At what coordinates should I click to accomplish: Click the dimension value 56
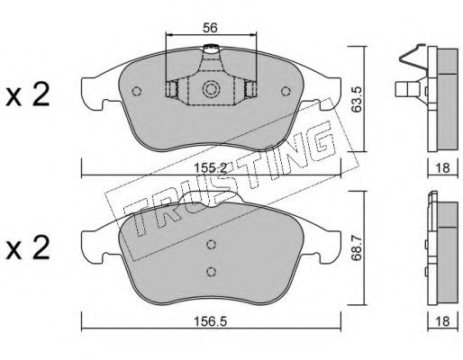[210, 28]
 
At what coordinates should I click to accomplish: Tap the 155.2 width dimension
[210, 167]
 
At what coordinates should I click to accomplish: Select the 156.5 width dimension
[210, 322]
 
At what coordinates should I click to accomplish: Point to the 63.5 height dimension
[357, 100]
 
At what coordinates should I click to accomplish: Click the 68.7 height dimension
[357, 248]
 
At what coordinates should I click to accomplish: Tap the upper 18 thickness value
[442, 167]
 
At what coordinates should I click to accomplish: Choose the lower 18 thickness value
[442, 321]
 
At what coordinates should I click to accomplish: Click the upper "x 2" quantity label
[27, 95]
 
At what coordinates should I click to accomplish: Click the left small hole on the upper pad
[137, 91]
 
